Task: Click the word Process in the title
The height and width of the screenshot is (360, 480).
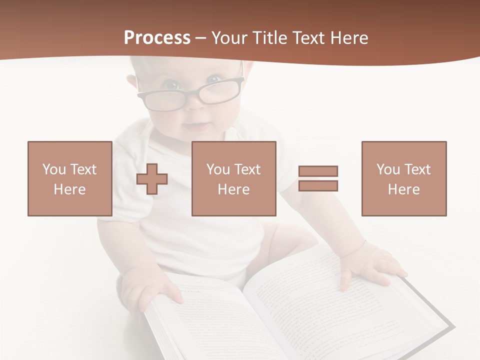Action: click(157, 38)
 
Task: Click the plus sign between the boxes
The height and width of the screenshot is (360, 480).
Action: click(152, 179)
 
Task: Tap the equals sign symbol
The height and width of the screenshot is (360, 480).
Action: click(318, 178)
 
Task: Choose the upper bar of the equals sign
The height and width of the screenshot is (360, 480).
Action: click(318, 171)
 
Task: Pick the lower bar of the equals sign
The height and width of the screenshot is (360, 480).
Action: click(318, 186)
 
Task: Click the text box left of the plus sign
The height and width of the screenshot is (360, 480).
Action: click(70, 178)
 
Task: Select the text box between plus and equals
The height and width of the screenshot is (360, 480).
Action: click(234, 178)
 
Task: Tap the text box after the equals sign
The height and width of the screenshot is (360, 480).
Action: click(404, 178)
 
